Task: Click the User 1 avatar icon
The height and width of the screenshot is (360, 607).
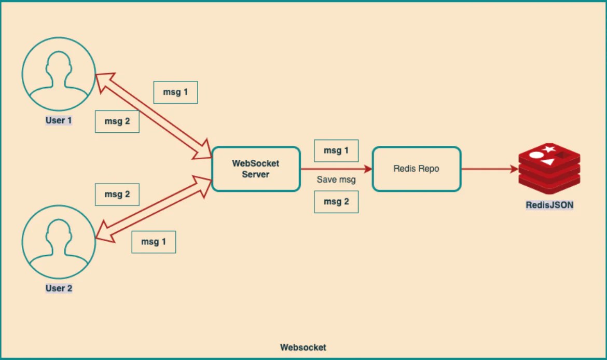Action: click(x=59, y=74)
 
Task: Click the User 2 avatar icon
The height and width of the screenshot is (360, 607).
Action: click(x=59, y=242)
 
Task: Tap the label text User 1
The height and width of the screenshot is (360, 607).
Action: click(x=59, y=120)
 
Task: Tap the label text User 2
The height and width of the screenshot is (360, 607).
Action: click(x=59, y=288)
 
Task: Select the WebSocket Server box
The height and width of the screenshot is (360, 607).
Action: click(x=256, y=169)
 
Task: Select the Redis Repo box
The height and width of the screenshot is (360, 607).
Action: click(x=417, y=169)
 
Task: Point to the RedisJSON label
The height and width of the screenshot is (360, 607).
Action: click(x=549, y=205)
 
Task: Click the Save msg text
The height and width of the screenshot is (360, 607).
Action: click(x=336, y=180)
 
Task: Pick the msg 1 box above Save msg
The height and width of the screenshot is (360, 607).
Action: click(x=336, y=151)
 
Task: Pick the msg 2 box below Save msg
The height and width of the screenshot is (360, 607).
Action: click(x=336, y=202)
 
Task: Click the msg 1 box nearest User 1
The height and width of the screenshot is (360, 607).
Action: click(x=175, y=92)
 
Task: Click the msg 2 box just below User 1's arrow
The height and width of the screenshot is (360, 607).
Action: click(x=117, y=122)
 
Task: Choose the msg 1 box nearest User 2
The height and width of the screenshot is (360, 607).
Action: click(x=154, y=242)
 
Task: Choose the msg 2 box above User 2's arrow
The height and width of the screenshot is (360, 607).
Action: click(x=117, y=195)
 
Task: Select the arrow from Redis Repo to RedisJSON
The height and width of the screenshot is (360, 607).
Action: click(x=490, y=169)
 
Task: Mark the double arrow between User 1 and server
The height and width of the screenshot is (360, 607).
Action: click(x=153, y=116)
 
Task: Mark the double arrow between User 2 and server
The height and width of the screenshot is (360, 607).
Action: click(x=153, y=209)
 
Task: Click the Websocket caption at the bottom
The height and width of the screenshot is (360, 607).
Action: click(x=303, y=348)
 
